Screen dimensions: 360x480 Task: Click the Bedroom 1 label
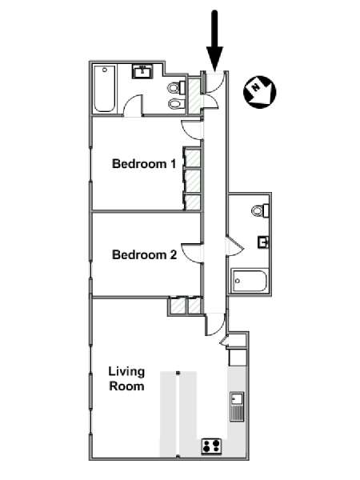point(144,164)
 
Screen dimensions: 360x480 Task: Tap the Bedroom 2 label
point(144,254)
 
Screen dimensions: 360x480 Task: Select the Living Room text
point(126,378)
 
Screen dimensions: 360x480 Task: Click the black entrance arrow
point(214,41)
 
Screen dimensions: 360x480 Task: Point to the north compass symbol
point(259,92)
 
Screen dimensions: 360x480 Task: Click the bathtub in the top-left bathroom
point(104,89)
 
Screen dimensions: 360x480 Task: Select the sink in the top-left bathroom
point(142,72)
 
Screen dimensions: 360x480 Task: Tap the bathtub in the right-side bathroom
point(249,281)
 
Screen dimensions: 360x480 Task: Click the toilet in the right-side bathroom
point(260,210)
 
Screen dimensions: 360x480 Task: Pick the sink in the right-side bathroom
point(263,242)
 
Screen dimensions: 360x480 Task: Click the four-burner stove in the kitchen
point(211,446)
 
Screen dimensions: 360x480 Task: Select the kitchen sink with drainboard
point(237,406)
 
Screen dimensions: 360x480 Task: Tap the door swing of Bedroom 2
point(192,253)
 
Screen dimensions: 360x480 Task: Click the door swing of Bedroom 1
point(192,130)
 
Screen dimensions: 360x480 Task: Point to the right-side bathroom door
point(235,246)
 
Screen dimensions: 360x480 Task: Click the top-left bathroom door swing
point(133,106)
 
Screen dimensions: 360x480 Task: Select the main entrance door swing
point(215,82)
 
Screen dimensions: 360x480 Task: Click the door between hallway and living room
point(215,324)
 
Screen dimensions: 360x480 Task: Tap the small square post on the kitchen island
point(178,373)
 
